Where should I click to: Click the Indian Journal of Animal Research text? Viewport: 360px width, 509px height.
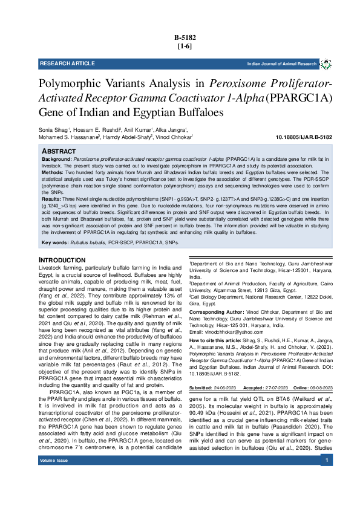point(282,64)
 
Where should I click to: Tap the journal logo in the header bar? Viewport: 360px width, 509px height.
point(326,63)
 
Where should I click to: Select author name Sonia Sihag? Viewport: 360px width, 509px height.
point(53,129)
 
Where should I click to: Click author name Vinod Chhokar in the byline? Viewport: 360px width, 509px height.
point(175,137)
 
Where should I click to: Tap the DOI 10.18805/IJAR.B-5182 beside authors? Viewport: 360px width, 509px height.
point(304,138)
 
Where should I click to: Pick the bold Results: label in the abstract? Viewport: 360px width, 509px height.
point(52,198)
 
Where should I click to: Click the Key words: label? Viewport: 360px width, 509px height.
point(54,243)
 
